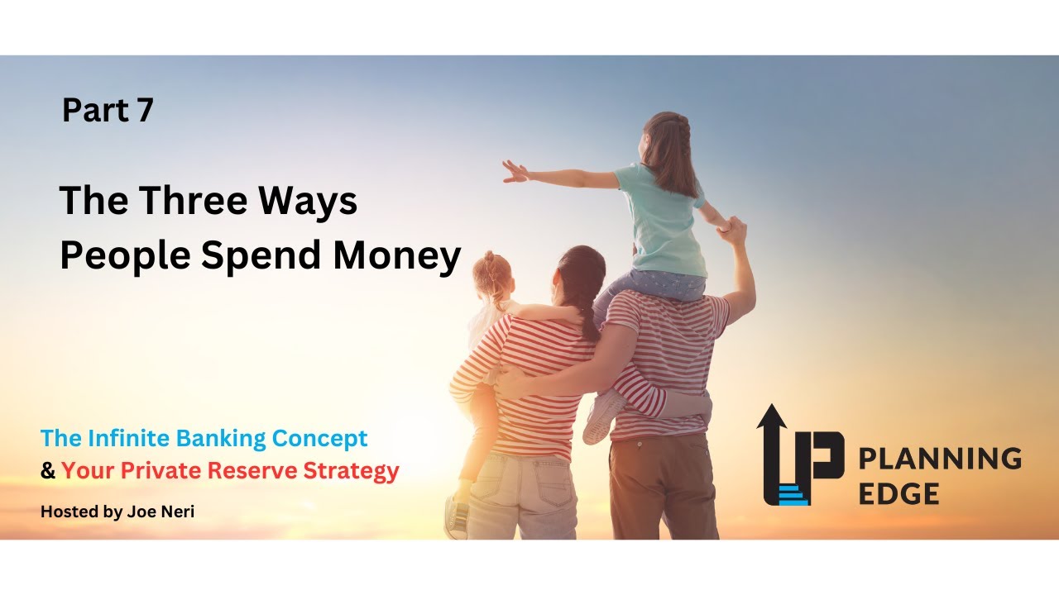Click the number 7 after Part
click(x=145, y=111)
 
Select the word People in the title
click(x=124, y=257)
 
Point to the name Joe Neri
click(x=162, y=512)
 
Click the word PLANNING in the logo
click(x=939, y=458)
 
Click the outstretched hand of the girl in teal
click(x=514, y=171)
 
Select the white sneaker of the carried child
click(x=603, y=417)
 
